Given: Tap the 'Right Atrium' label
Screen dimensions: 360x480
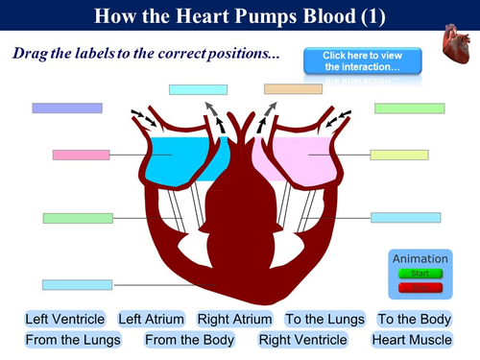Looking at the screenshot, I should point(235,319).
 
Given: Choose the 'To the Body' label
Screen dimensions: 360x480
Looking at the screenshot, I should point(414,319).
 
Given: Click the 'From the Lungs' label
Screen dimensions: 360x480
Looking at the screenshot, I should point(73,339).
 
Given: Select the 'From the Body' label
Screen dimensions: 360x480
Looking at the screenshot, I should point(188,339).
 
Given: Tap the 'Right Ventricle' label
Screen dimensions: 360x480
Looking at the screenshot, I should point(302,339).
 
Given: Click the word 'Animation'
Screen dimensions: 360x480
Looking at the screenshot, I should point(420,258).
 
